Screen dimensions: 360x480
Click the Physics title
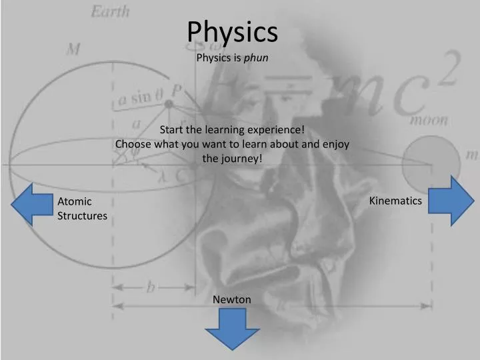[x=232, y=31]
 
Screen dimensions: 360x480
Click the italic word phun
[x=256, y=57]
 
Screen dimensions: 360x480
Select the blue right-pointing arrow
[x=450, y=201]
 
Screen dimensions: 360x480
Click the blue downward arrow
[x=231, y=329]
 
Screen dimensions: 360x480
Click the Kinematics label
[x=395, y=201]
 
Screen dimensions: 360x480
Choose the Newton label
[x=232, y=299]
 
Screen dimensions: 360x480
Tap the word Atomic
[x=75, y=201]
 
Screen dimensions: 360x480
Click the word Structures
[x=82, y=216]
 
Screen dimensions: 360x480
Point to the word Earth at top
[x=111, y=11]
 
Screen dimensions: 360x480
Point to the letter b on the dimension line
[x=151, y=287]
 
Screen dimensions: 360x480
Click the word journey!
[x=242, y=159]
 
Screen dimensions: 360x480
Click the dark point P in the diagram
[x=169, y=105]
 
